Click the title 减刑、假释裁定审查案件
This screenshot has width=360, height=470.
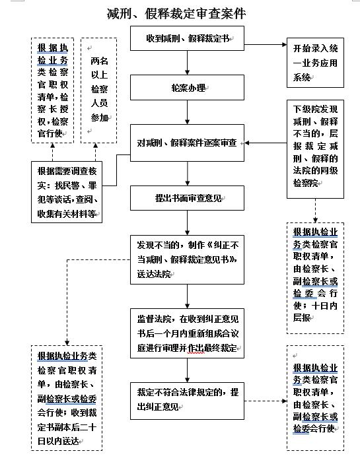180,13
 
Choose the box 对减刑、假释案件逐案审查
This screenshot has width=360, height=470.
188,143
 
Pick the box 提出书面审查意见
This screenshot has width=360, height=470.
188,197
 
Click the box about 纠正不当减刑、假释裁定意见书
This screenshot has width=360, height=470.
188,258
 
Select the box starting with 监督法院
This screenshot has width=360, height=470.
188,333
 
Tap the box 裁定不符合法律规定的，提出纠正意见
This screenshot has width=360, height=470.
188,399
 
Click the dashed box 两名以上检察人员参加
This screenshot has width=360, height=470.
99,90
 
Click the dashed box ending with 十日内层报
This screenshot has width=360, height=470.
316,277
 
